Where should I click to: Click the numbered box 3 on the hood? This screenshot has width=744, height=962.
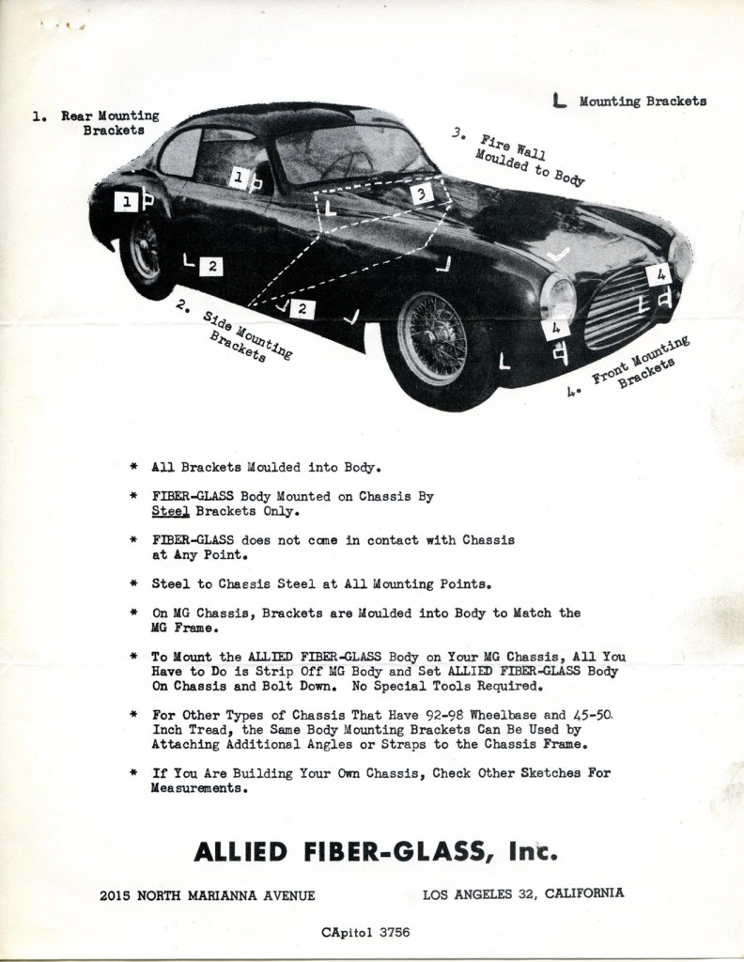click(x=422, y=194)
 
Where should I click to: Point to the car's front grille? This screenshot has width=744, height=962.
click(x=620, y=305)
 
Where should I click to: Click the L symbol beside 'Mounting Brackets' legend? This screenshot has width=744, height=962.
click(x=560, y=101)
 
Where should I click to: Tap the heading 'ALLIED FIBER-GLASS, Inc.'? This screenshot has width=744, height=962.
click(x=376, y=851)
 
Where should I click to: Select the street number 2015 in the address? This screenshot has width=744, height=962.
click(x=116, y=895)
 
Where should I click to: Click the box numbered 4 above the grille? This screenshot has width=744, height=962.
click(x=658, y=274)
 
